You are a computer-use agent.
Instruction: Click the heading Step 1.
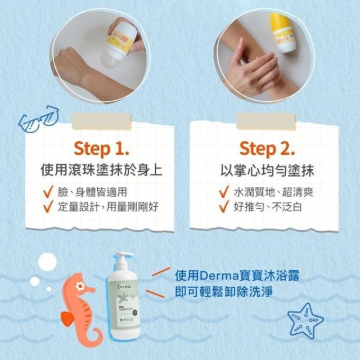point(102,148)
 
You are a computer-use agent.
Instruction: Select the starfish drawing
point(305,320)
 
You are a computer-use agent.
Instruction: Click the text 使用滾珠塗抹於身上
point(102,170)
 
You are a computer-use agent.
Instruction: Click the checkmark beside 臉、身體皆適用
point(48,192)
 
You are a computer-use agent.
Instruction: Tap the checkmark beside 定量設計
point(48,206)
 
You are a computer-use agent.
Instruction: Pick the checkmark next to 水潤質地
point(224,192)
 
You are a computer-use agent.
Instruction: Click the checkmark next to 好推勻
point(224,206)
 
